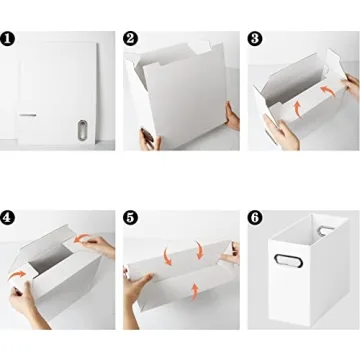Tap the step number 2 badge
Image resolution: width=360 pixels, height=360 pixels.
131,38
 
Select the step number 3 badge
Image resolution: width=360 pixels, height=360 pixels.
255,38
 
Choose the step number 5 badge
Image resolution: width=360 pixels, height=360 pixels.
131,215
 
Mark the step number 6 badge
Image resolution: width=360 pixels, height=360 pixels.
255,215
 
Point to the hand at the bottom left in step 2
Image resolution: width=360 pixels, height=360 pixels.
151,138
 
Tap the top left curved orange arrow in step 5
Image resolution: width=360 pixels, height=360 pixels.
168,255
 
